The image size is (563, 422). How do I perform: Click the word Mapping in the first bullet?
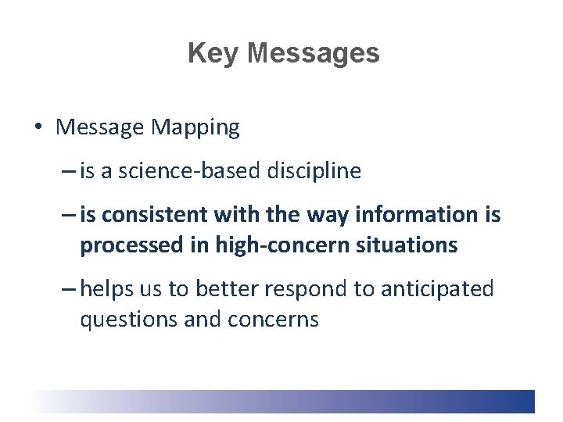point(202,128)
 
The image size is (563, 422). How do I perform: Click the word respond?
point(302,289)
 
